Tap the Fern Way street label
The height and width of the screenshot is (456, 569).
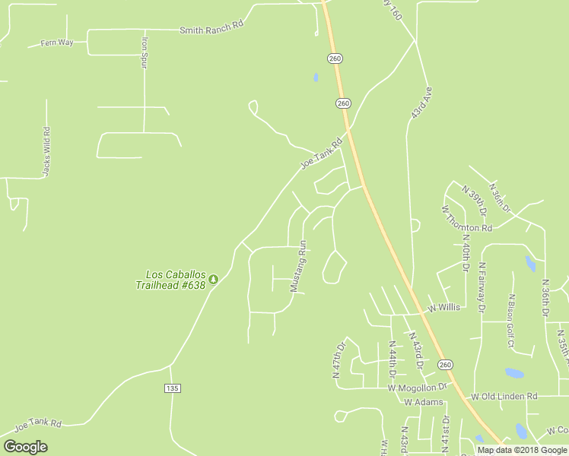pos(57,43)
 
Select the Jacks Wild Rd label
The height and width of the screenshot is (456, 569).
pos(46,152)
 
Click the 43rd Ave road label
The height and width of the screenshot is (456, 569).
pos(421,102)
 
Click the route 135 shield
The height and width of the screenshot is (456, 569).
pos(172,388)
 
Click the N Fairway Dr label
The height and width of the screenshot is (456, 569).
pos(482,287)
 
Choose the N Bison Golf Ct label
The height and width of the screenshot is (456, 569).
pos(511,321)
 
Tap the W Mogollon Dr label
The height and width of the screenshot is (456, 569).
pos(418,387)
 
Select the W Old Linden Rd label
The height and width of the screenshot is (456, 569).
pos(504,396)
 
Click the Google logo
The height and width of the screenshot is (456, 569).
pos(25,447)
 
